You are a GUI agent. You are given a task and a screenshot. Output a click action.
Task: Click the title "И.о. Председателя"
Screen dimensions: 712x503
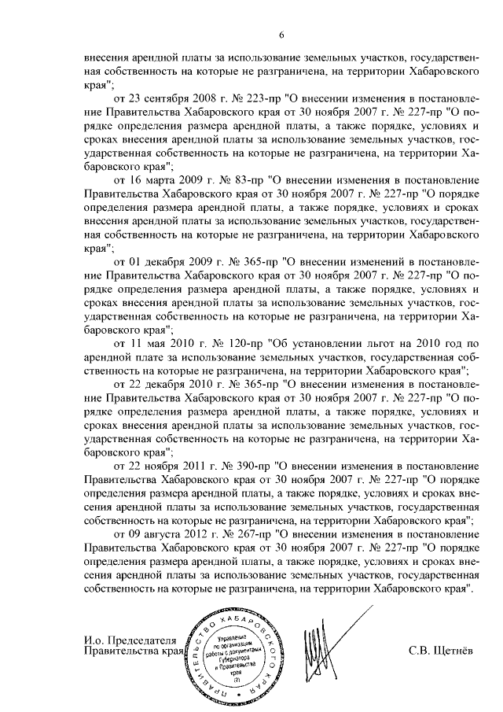130,639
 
